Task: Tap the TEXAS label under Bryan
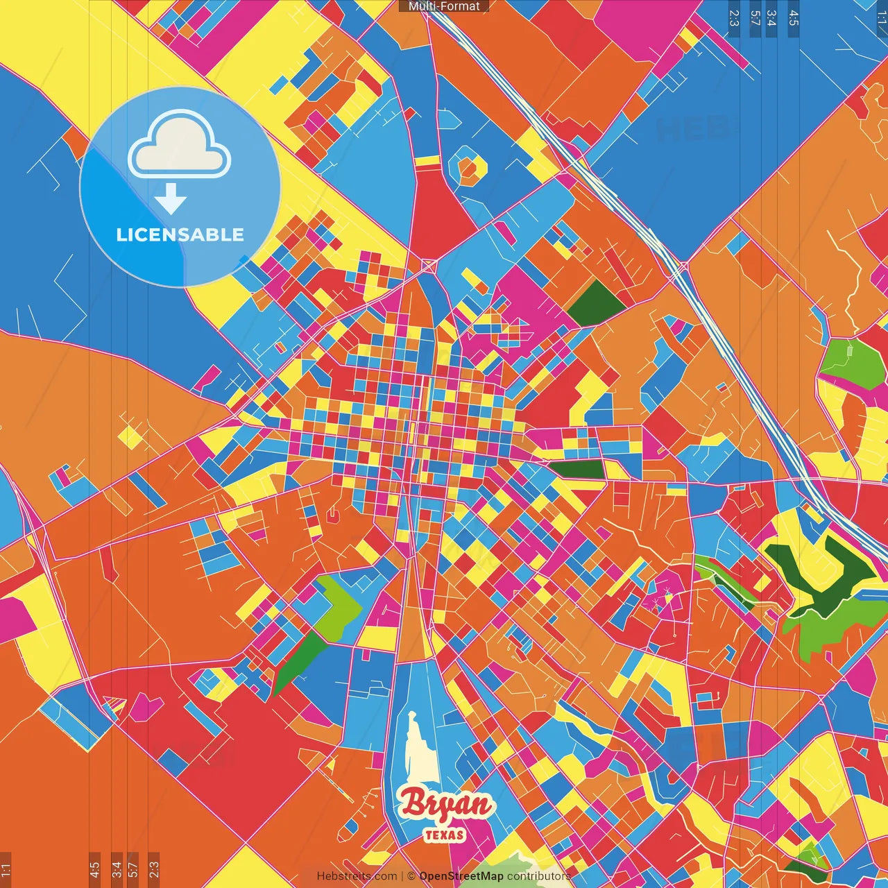tap(445, 835)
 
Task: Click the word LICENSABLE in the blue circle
tap(180, 234)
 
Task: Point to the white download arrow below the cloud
tap(171, 199)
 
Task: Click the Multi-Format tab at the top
tap(444, 6)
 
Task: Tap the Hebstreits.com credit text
tap(357, 876)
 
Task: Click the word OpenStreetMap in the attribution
tap(461, 876)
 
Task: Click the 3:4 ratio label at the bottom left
tap(117, 869)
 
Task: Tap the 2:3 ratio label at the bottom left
tap(153, 869)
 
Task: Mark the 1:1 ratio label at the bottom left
tap(6, 869)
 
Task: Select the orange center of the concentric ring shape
tap(470, 167)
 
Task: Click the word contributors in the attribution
tap(538, 876)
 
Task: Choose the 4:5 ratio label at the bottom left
tap(94, 869)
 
